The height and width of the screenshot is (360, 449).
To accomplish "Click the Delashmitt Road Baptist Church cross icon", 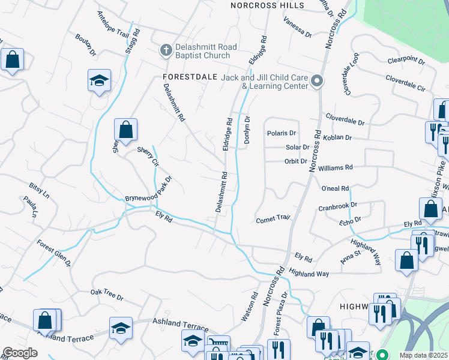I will [x=166, y=51].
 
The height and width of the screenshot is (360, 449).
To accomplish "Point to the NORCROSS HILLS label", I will [x=267, y=5].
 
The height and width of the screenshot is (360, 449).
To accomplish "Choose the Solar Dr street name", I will [x=297, y=147].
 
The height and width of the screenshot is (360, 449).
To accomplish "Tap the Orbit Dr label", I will [x=295, y=161].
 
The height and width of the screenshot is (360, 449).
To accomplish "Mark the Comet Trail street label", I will [x=273, y=219].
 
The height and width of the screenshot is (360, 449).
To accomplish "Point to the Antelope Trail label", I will [x=109, y=26].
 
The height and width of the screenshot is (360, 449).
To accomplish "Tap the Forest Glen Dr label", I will [x=54, y=254].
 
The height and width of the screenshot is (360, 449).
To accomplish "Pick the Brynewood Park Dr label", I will [x=148, y=190].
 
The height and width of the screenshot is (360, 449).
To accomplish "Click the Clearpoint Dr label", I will [x=406, y=61].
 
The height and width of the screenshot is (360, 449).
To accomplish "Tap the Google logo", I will [x=20, y=352].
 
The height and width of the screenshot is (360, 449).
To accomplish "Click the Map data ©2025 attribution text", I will [x=423, y=355].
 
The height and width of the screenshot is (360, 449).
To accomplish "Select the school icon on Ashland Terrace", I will [x=121, y=329].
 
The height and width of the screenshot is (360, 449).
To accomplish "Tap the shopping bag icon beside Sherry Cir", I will [x=125, y=130].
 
